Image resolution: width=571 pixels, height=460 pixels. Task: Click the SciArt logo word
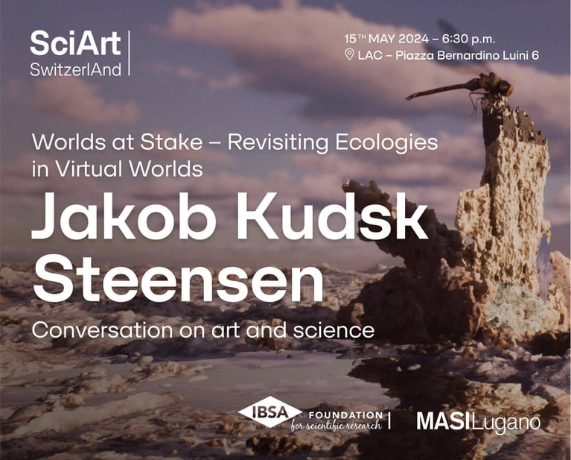(75, 43)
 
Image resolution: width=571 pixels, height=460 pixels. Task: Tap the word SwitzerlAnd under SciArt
(76, 69)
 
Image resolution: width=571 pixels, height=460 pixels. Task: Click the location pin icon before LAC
(349, 54)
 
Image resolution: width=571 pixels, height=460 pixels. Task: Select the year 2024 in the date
(414, 39)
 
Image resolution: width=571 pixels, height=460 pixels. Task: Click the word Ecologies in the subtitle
(386, 143)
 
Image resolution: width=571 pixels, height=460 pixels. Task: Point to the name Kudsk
(332, 216)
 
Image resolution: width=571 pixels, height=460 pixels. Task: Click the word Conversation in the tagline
(102, 330)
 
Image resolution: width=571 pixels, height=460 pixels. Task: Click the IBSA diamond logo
(269, 412)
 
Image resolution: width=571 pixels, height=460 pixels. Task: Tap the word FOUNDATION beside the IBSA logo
(345, 415)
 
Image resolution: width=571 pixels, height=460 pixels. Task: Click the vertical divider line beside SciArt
(129, 53)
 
